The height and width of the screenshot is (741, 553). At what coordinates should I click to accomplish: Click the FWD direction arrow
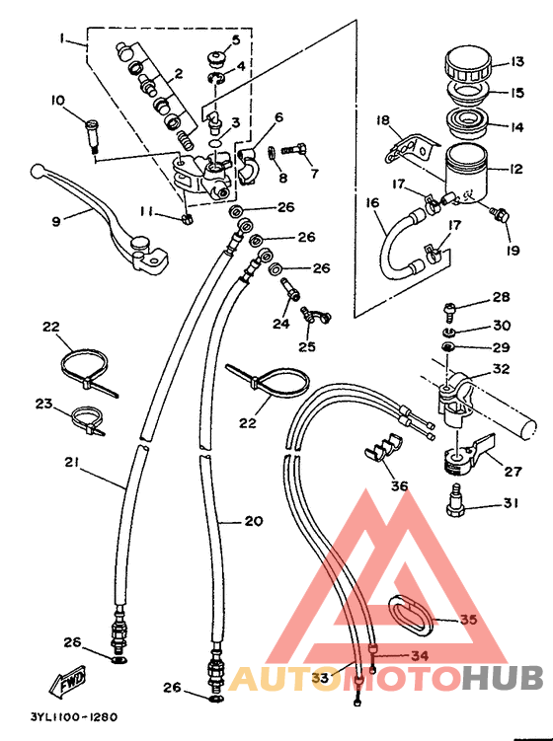[68, 683]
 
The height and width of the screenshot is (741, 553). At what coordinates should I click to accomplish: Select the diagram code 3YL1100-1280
[74, 717]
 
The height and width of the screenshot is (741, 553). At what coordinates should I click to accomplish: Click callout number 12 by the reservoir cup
[515, 169]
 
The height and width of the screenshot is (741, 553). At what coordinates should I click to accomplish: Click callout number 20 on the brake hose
[254, 521]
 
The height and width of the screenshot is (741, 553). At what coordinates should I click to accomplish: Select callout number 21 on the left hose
[71, 463]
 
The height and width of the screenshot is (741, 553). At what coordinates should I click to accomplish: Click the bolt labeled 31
[456, 500]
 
